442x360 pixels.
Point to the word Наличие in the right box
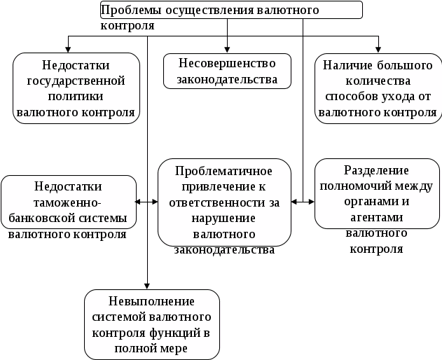345,67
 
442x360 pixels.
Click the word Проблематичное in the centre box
223,172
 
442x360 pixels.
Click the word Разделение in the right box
377,170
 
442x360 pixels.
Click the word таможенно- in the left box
67,201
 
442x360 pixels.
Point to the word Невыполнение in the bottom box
151,301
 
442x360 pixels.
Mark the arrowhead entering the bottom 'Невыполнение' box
148,285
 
